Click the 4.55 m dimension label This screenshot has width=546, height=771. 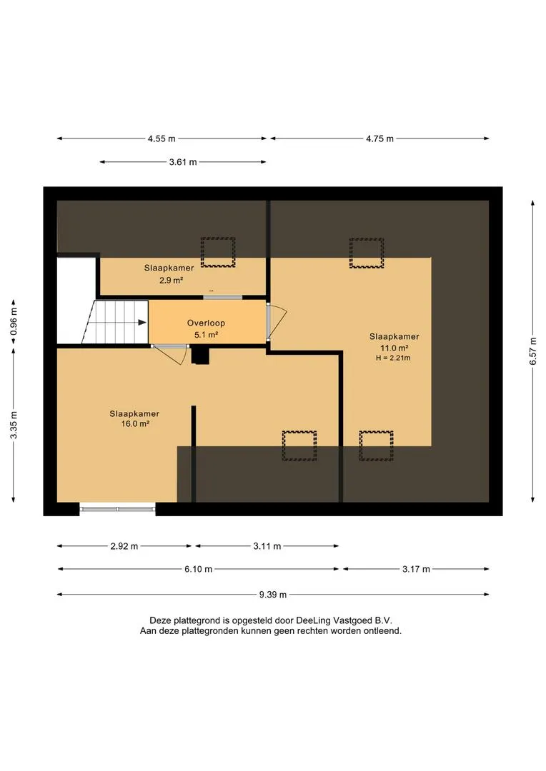click(162, 138)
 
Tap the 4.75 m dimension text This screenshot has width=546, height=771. click(379, 138)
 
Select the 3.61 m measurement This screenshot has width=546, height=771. click(183, 162)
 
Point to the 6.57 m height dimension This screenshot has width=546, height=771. click(532, 351)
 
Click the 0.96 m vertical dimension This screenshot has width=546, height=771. click(14, 321)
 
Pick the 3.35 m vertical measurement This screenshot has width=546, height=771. click(14, 425)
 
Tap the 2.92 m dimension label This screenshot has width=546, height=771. click(124, 546)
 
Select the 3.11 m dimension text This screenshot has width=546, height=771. click(267, 546)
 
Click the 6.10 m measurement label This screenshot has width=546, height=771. click(199, 569)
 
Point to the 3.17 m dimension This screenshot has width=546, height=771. click(416, 569)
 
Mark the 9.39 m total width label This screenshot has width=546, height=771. click(273, 595)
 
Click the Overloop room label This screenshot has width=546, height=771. click(206, 323)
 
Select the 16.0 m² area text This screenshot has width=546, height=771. click(135, 424)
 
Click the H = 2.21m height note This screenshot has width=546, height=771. click(393, 358)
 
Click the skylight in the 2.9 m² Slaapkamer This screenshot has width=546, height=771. click(217, 252)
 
